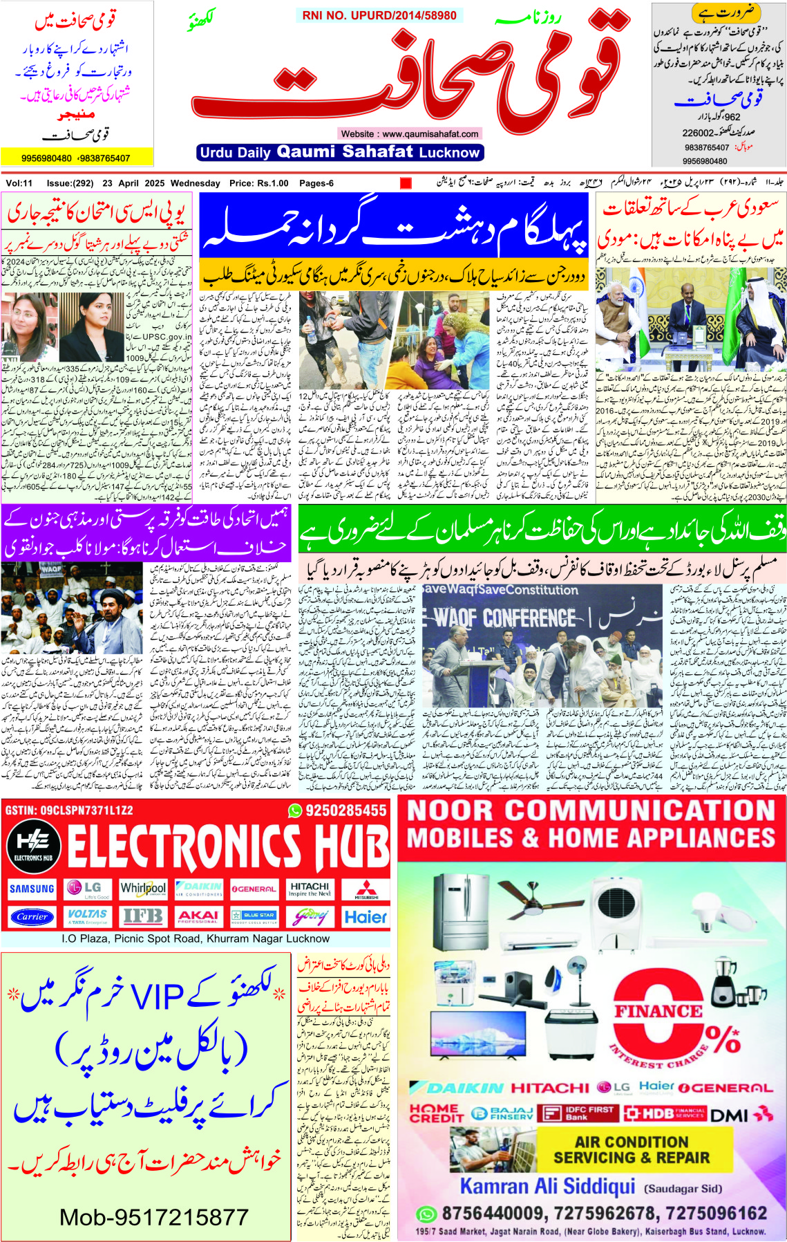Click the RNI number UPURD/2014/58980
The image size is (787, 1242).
(x=379, y=15)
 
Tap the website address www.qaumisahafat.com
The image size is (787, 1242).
(x=410, y=133)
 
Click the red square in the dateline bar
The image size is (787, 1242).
(x=406, y=183)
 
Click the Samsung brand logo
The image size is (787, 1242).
(x=32, y=889)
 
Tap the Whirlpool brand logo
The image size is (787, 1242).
(x=143, y=889)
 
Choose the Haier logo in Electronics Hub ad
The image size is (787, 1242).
(x=366, y=917)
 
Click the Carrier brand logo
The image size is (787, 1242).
(x=32, y=917)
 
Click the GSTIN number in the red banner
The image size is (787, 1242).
(x=69, y=810)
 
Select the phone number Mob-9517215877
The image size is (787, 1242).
(x=153, y=1217)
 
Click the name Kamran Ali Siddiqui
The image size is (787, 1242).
(x=547, y=1187)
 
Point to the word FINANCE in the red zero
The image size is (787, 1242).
(x=658, y=1011)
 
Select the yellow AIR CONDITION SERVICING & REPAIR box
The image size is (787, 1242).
(x=632, y=1149)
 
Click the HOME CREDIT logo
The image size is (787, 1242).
(x=436, y=1113)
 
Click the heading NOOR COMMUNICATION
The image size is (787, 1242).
(x=591, y=810)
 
